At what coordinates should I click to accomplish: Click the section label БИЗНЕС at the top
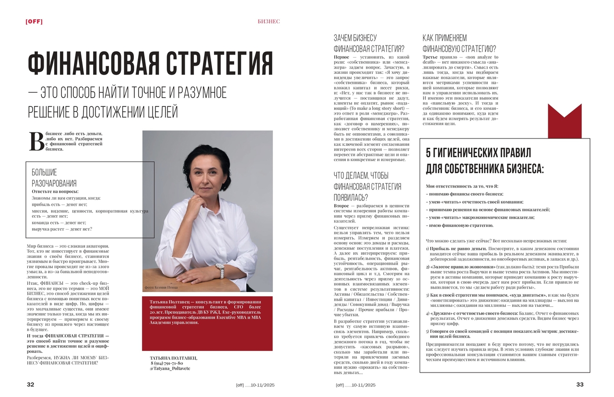click(269, 22)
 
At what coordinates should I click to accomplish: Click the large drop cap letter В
click(36, 141)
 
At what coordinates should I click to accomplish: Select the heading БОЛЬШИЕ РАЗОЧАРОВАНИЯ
click(54, 177)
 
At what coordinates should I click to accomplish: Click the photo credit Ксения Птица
click(161, 288)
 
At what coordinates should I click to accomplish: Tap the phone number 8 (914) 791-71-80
click(166, 363)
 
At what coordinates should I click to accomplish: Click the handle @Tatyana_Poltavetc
click(170, 368)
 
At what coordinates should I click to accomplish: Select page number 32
click(30, 385)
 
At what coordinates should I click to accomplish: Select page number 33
click(579, 385)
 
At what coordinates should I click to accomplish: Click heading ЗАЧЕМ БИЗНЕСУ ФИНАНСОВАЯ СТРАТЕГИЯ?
click(368, 43)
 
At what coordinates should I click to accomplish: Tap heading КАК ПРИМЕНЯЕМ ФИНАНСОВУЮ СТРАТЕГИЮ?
click(459, 43)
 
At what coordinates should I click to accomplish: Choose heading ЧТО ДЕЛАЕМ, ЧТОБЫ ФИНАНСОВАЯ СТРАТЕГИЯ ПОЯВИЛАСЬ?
click(367, 187)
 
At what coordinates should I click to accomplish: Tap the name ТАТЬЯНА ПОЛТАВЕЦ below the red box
click(173, 358)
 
